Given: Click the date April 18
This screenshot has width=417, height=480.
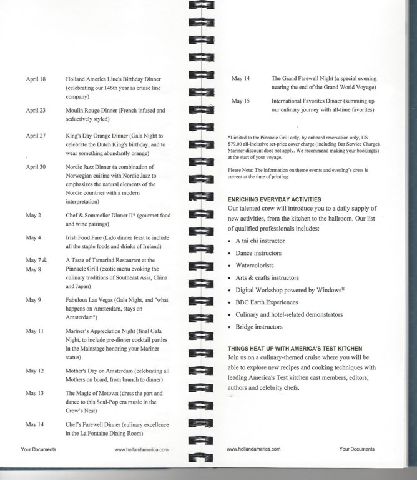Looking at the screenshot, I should pyautogui.click(x=36, y=79).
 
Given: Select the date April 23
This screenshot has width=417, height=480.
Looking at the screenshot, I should pyautogui.click(x=36, y=111).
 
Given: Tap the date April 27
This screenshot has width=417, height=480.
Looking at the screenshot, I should pyautogui.click(x=36, y=136).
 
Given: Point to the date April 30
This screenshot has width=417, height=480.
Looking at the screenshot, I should pyautogui.click(x=36, y=167).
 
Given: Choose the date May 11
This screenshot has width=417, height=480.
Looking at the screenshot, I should pyautogui.click(x=34, y=331).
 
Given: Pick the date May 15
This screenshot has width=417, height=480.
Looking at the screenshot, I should pyautogui.click(x=240, y=101).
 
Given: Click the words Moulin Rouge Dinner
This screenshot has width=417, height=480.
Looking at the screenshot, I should pyautogui.click(x=96, y=111).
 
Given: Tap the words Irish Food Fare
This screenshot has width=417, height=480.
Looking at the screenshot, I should pyautogui.click(x=86, y=238).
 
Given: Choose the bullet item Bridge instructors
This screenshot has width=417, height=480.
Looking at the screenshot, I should pyautogui.click(x=258, y=327).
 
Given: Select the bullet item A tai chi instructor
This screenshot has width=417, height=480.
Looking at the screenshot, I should pyautogui.click(x=262, y=241).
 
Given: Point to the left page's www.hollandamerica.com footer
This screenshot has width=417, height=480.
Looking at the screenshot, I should pyautogui.click(x=142, y=449).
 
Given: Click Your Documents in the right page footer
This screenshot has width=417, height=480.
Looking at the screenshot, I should pyautogui.click(x=357, y=449).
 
